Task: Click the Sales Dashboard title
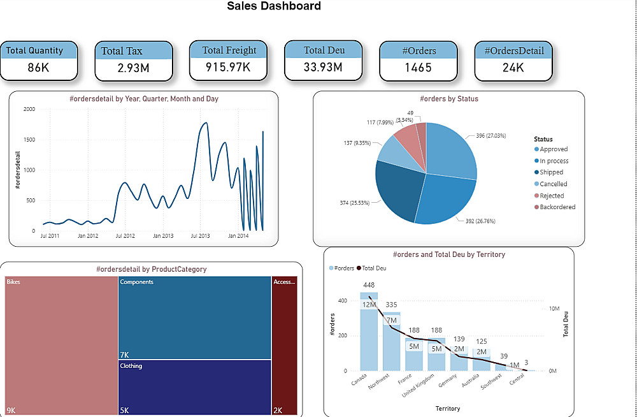click(x=274, y=7)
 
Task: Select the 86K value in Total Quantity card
click(x=38, y=67)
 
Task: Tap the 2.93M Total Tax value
click(x=133, y=68)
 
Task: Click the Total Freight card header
click(x=229, y=50)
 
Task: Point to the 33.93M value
click(x=324, y=67)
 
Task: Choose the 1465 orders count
click(x=418, y=68)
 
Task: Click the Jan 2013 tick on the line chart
click(x=163, y=236)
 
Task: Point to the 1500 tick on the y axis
click(x=29, y=140)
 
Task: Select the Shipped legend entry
click(x=551, y=172)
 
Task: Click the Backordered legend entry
click(x=557, y=207)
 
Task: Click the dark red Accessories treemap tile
click(x=285, y=344)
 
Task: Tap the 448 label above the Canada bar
click(x=369, y=285)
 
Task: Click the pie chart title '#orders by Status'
click(x=449, y=99)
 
